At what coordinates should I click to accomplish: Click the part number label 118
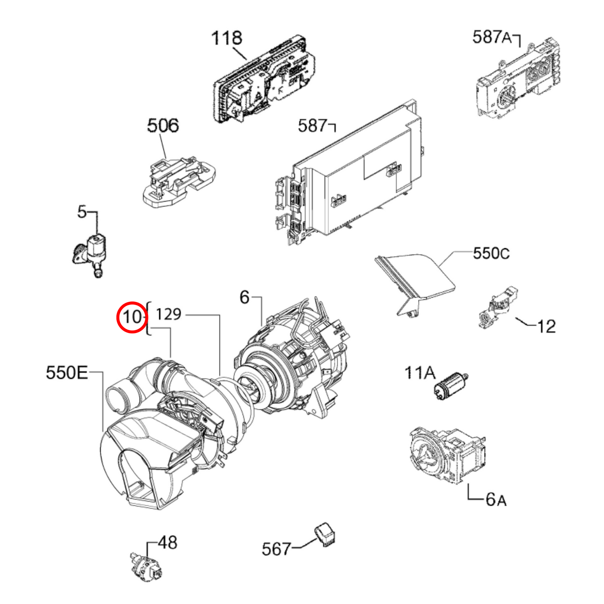[x=227, y=38]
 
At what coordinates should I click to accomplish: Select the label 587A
[x=492, y=37]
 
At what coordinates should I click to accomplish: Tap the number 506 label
[x=163, y=125]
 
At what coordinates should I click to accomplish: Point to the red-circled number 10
[x=132, y=317]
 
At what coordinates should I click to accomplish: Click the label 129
[x=168, y=314]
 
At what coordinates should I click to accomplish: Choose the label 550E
[x=67, y=372]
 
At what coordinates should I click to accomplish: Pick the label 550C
[x=491, y=253]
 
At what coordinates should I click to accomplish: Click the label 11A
[x=420, y=372]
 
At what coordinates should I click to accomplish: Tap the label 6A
[x=496, y=499]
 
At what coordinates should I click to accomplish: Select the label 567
[x=276, y=549]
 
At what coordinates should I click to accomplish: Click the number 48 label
[x=168, y=543]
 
